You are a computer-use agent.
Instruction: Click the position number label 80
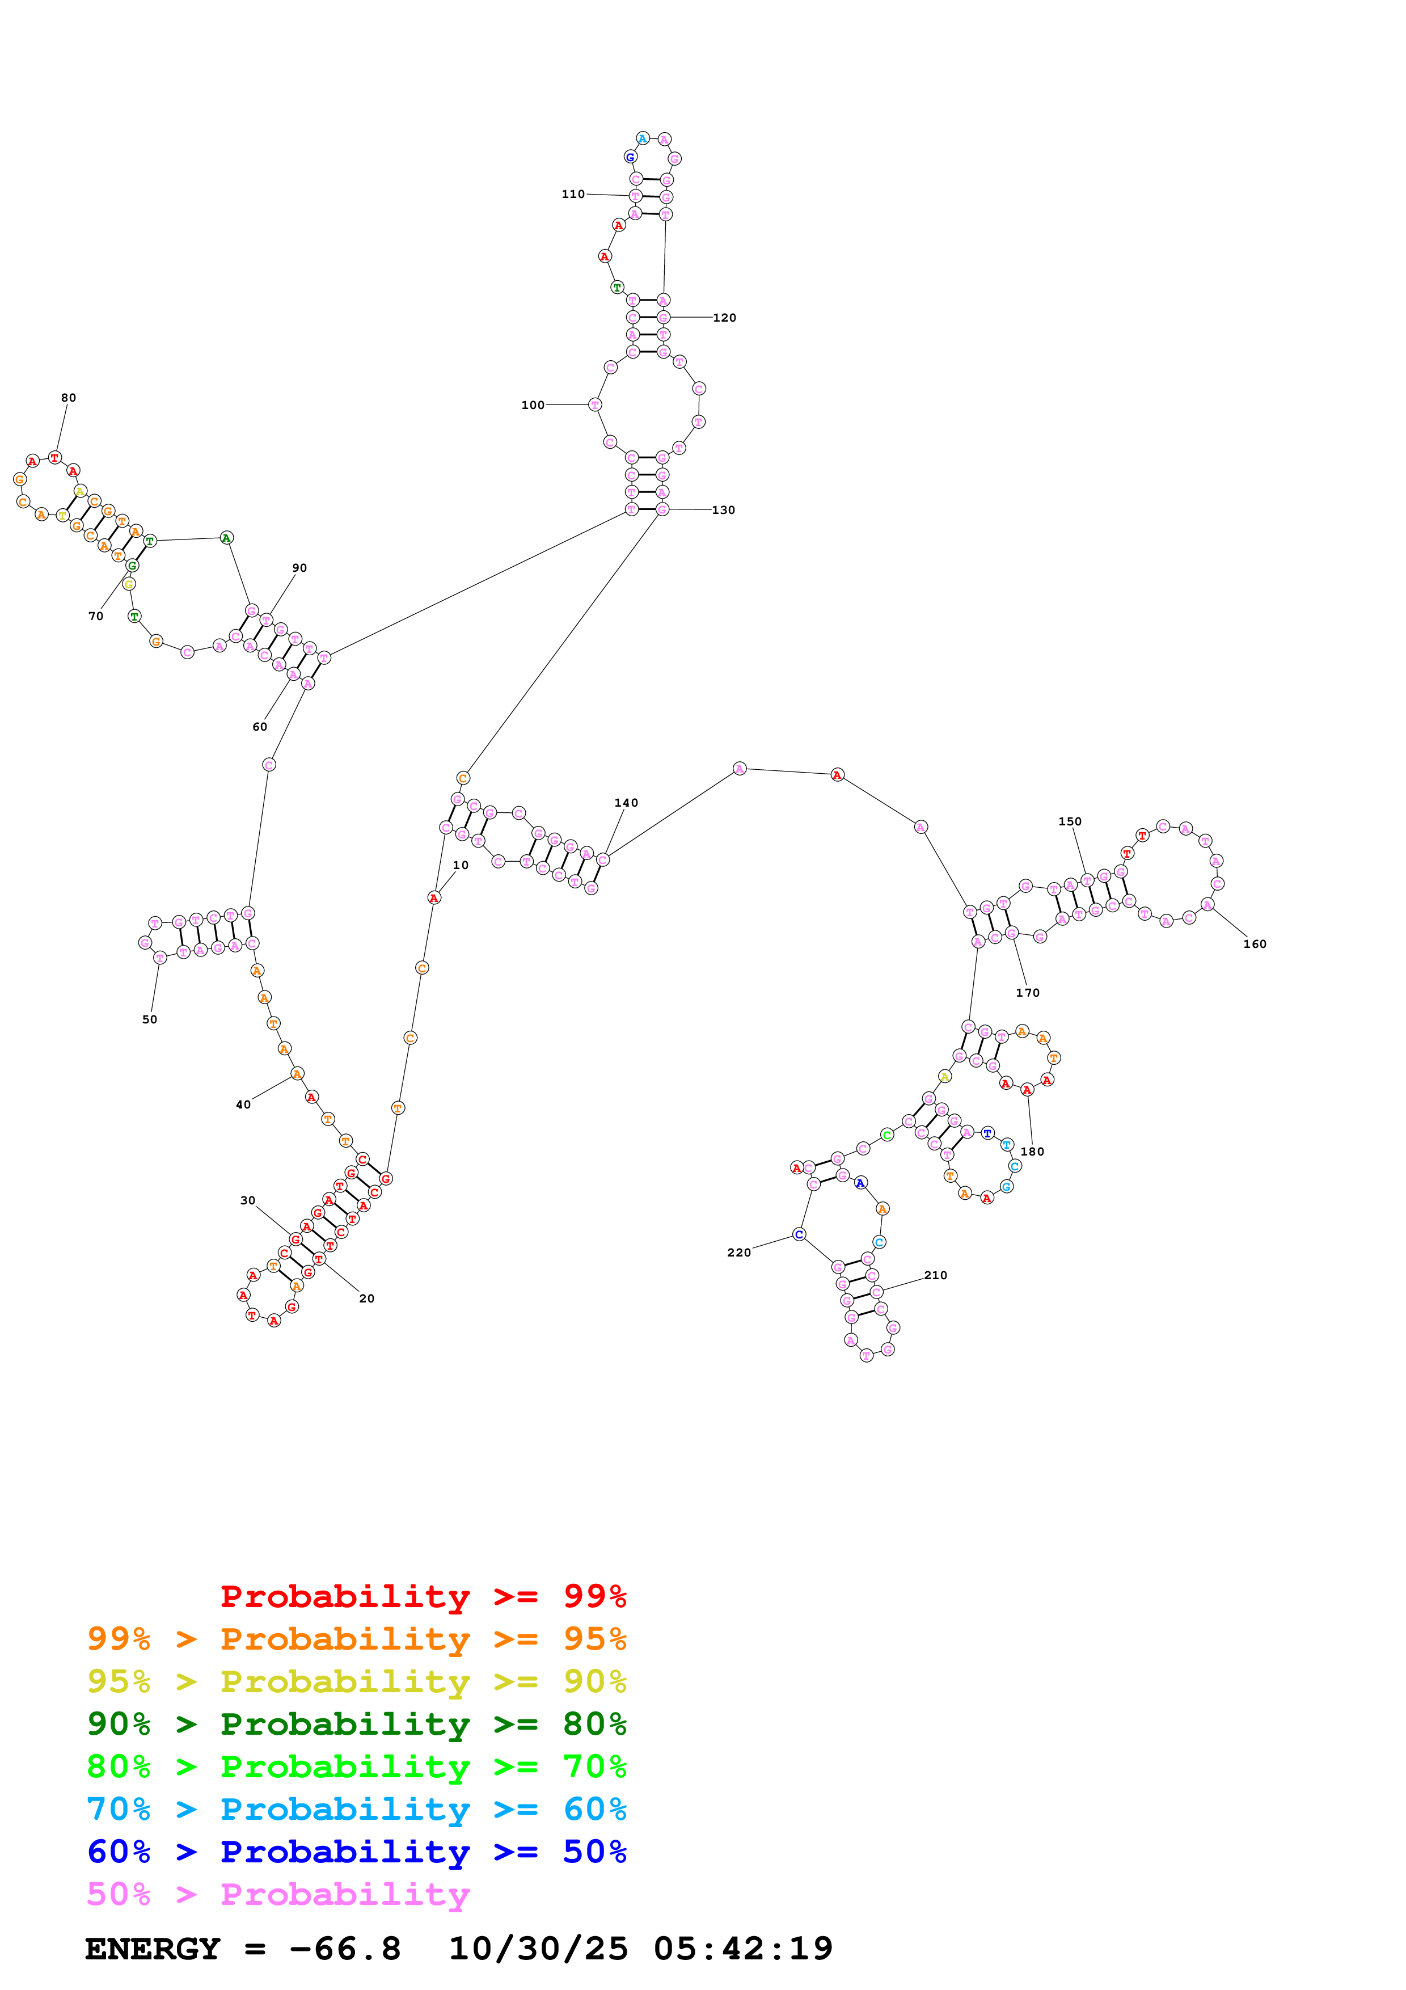coord(69,398)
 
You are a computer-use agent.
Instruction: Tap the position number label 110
coord(573,194)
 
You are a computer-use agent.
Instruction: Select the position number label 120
coord(724,318)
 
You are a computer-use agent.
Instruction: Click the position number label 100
coord(533,405)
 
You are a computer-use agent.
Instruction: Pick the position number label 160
coord(1255,944)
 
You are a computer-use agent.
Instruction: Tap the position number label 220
coord(739,1253)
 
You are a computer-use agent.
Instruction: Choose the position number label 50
coord(150,1019)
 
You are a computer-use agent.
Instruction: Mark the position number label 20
coord(366,1298)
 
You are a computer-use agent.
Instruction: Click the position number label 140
coord(626,803)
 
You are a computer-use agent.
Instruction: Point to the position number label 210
coord(936,1275)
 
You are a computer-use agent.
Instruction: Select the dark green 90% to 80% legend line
coord(356,1724)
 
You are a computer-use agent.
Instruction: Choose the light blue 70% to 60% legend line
coord(356,1809)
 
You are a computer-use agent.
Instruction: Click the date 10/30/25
coord(538,1949)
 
